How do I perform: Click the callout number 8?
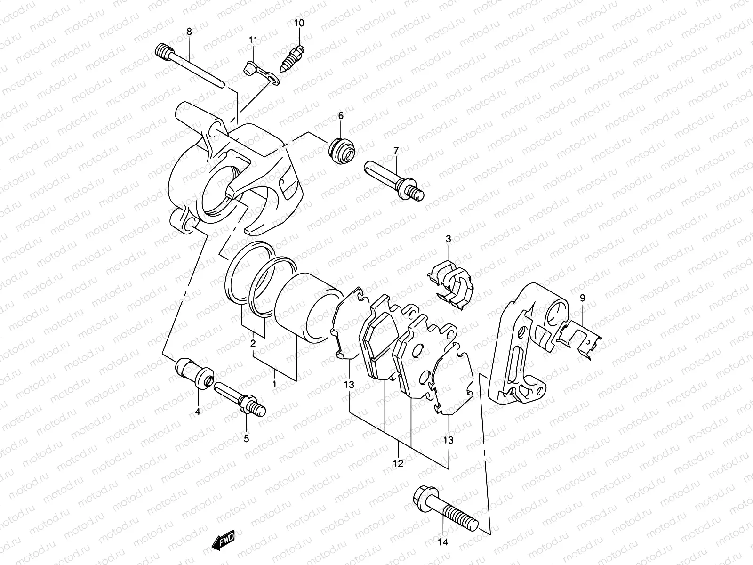coord(189,32)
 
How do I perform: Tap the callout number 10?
coord(299,23)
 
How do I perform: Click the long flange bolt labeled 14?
coord(445,512)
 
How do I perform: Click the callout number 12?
coord(398,464)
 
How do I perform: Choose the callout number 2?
coord(253,344)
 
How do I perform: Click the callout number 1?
coord(274,385)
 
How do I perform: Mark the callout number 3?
coord(448,239)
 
